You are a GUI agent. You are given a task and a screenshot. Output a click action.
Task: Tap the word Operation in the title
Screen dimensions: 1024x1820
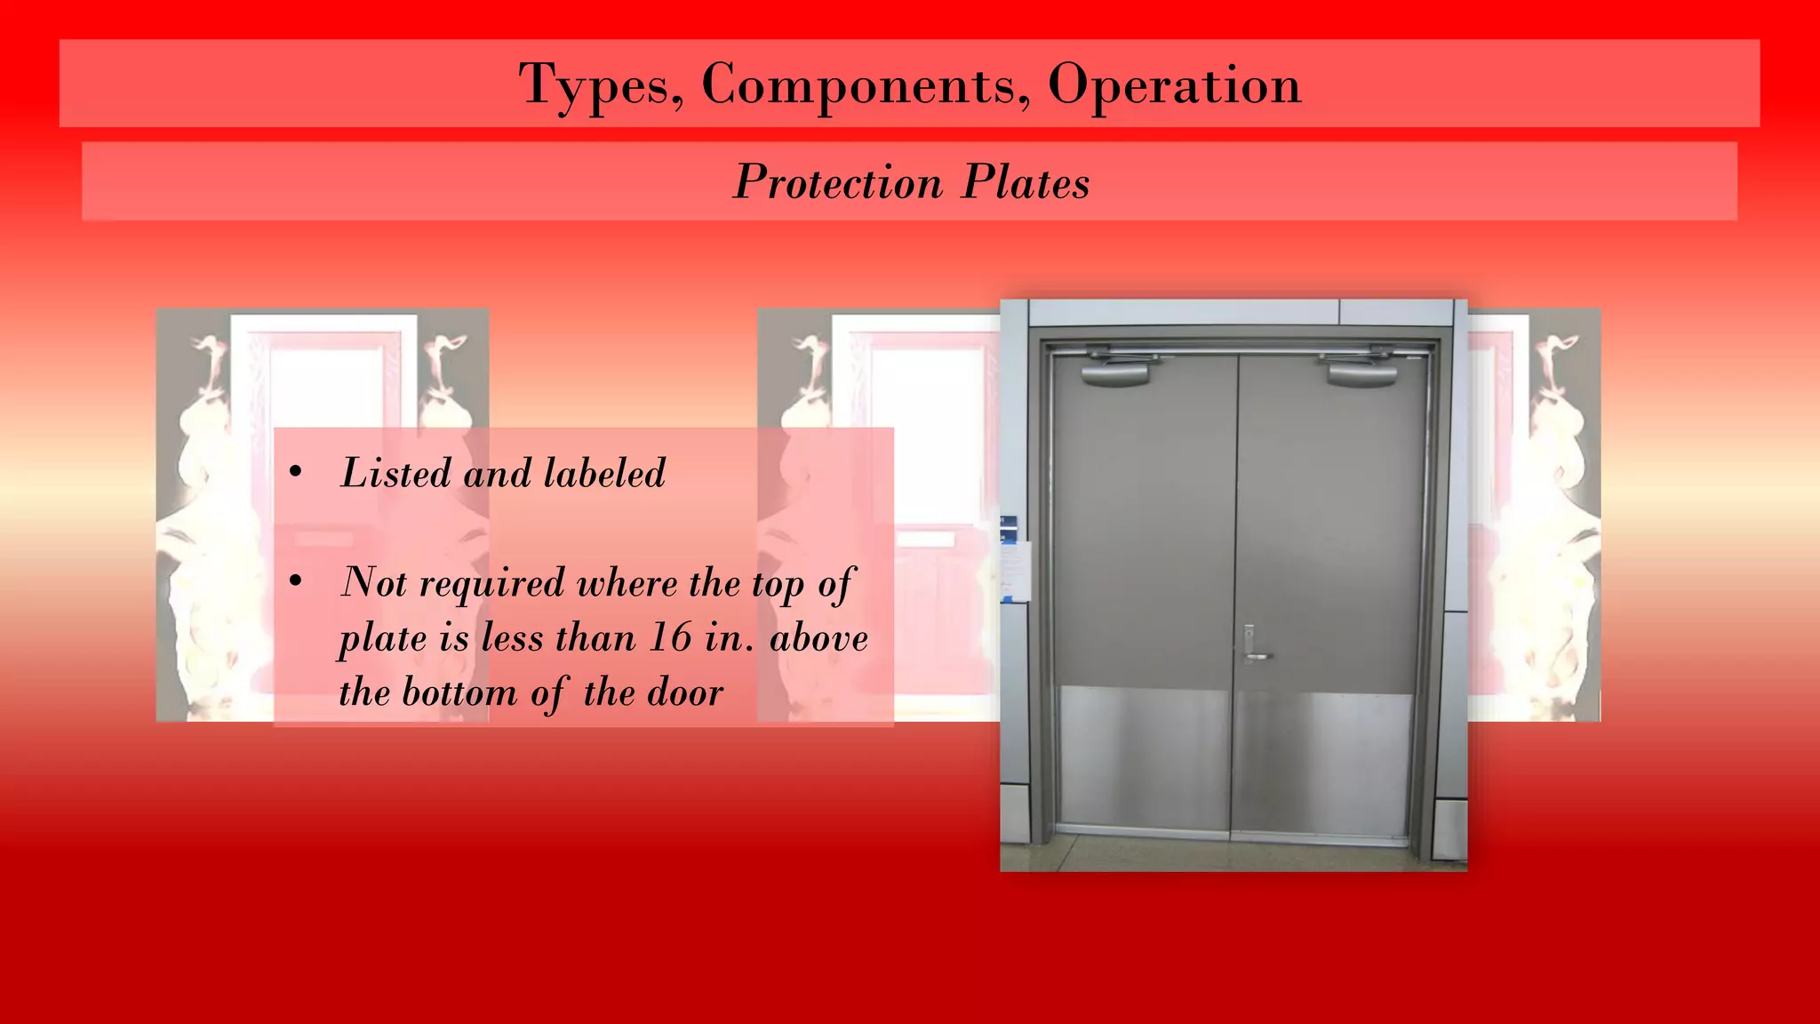coord(1174,85)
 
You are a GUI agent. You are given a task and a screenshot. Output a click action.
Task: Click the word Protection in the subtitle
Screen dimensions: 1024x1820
coord(837,182)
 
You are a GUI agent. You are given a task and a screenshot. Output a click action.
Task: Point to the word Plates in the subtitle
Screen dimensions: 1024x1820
coord(1026,182)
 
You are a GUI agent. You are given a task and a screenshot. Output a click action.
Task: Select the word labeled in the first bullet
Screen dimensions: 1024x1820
coord(604,473)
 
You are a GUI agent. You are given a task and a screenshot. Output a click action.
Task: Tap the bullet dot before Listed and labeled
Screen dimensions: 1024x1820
coord(297,474)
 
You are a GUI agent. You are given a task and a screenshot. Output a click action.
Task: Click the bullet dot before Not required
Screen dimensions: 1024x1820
coord(297,583)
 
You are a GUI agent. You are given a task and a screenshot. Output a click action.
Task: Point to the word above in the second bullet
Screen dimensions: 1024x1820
coord(818,637)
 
